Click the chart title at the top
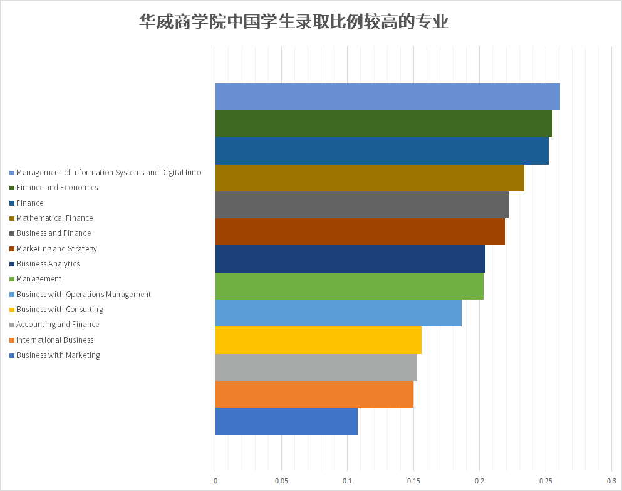click(294, 23)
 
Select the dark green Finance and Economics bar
click(383, 123)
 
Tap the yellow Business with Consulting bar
click(318, 340)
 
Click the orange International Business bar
click(314, 394)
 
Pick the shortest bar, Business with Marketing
click(286, 422)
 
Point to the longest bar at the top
click(387, 96)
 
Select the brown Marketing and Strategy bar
click(360, 232)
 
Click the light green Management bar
click(349, 286)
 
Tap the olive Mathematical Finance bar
click(370, 178)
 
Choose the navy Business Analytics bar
click(350, 259)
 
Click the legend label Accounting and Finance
click(58, 325)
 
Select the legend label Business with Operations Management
click(83, 295)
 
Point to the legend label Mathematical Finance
click(54, 218)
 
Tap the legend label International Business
click(55, 340)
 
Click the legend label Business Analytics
click(48, 264)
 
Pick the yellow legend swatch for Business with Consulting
click(12, 310)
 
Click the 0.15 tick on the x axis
click(413, 481)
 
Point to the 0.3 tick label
click(611, 481)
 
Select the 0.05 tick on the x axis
click(281, 481)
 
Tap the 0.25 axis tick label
click(546, 481)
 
